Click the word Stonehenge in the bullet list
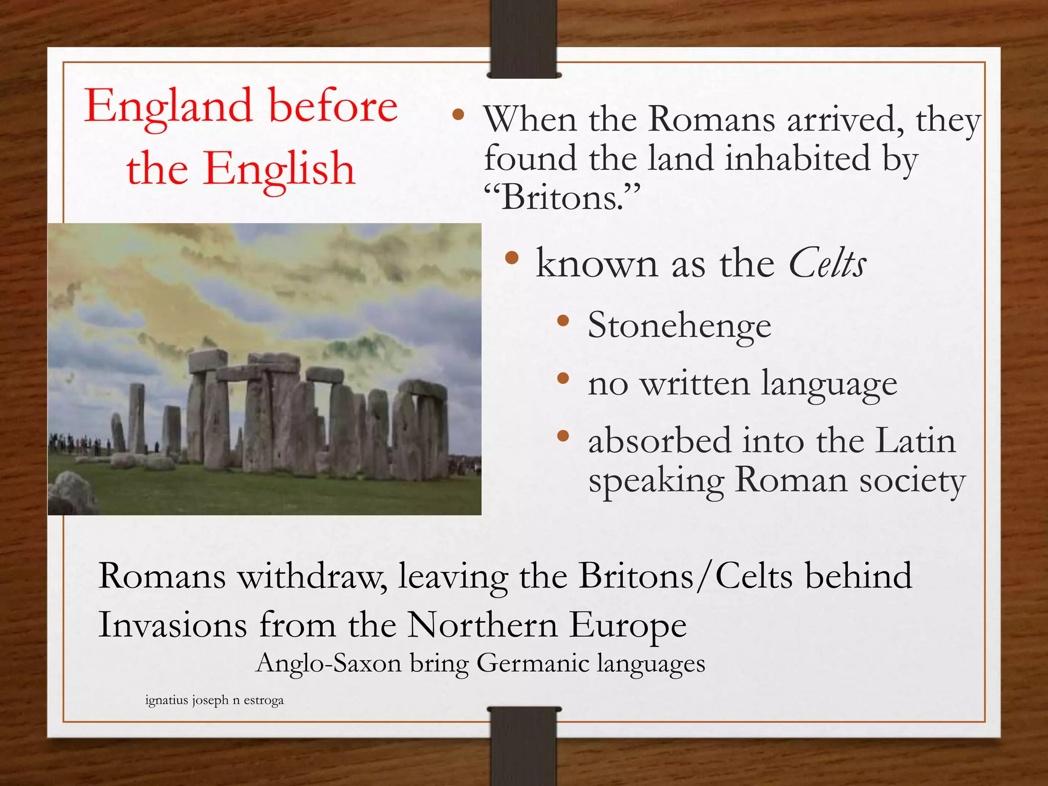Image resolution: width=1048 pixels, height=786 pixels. pos(679,325)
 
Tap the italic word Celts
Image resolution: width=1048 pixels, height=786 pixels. pos(827,264)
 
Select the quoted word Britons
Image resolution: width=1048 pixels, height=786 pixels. pos(562,198)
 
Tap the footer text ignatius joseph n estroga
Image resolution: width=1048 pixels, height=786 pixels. pos(214,700)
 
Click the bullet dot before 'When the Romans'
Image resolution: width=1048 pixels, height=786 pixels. pos(458,115)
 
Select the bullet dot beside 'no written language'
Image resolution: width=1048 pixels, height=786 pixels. pos(563,379)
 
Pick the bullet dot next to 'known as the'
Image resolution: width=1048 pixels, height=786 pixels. pos(511,258)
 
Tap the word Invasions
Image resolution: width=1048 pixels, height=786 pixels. pos(172,625)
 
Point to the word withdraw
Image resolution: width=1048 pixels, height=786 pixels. pos(313,576)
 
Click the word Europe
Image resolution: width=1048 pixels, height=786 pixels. pos(628,625)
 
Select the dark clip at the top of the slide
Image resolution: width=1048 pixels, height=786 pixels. pos(523,38)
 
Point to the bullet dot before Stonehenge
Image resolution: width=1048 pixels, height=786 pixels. pos(563,321)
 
